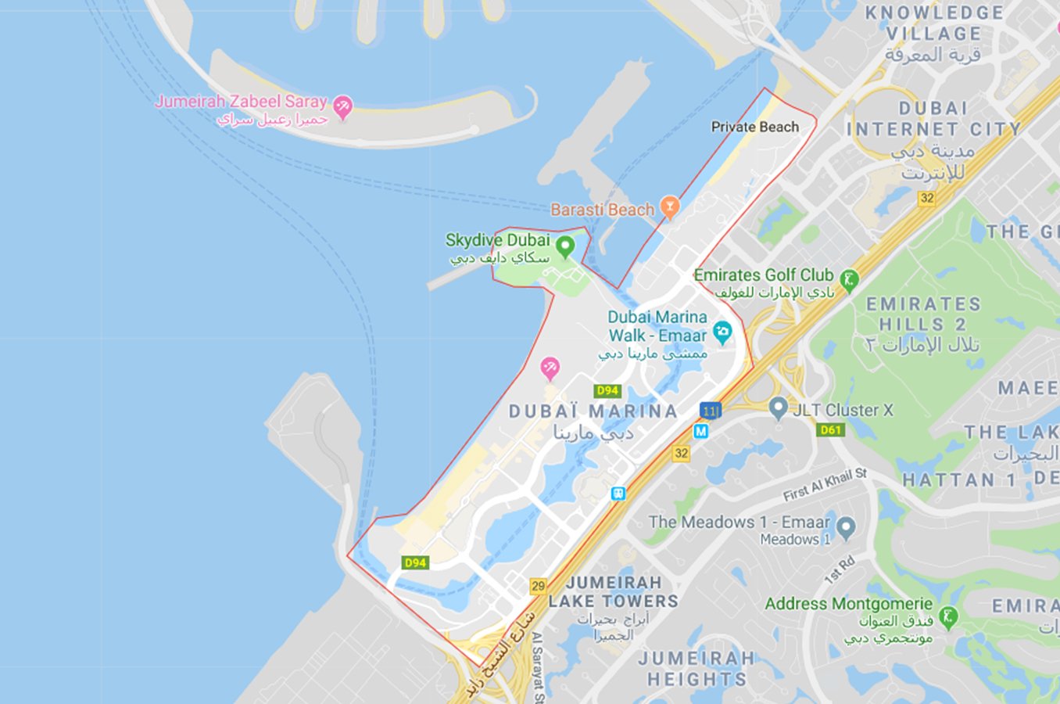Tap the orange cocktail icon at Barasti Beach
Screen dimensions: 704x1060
669,207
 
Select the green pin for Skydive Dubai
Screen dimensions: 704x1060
564,246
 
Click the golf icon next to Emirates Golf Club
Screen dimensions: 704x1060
849,278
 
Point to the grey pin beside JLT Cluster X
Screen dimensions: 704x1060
777,407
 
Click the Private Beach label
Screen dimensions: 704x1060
754,127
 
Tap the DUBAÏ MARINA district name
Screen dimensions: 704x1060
593,411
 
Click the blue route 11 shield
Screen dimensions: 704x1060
710,411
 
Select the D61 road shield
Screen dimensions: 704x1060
830,429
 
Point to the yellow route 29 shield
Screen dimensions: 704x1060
538,586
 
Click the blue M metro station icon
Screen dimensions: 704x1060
701,431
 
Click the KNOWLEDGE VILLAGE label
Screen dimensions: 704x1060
934,23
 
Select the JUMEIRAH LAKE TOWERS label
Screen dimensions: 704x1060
614,592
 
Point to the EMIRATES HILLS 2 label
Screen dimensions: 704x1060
923,314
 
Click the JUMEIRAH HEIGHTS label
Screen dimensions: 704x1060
697,669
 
